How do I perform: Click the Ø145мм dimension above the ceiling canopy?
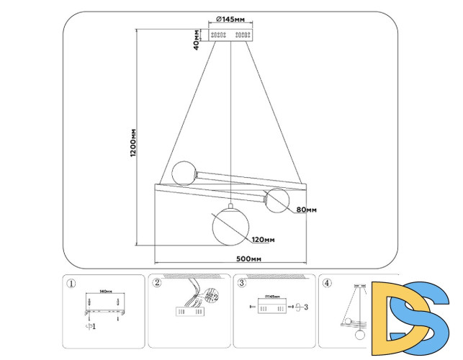pyautogui.click(x=230, y=20)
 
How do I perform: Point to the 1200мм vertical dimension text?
pyautogui.click(x=133, y=144)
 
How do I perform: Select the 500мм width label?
pyautogui.click(x=247, y=258)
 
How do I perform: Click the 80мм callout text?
pyautogui.click(x=305, y=210)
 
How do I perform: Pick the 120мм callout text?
pyautogui.click(x=263, y=240)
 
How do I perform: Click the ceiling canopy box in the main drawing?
pyautogui.click(x=230, y=35)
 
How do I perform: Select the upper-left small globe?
pyautogui.click(x=184, y=173)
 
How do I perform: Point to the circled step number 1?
pyautogui.click(x=71, y=283)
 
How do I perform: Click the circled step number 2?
pyautogui.click(x=157, y=283)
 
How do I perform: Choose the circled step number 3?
pyautogui.click(x=242, y=283)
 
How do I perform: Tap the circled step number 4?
pyautogui.click(x=328, y=283)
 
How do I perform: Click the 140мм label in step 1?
pyautogui.click(x=106, y=292)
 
